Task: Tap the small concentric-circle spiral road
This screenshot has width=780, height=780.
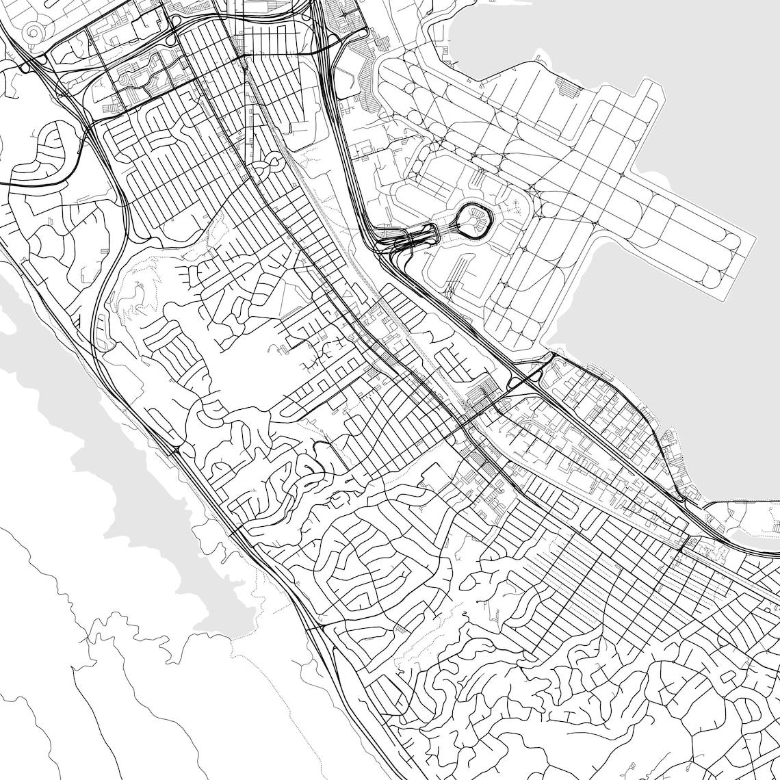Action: tap(32, 32)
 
